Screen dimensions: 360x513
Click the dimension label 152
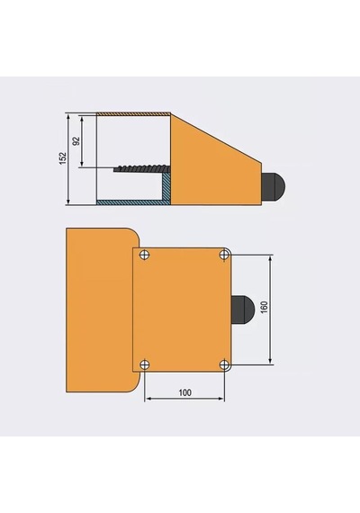coord(63,158)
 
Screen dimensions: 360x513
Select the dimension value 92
coord(76,141)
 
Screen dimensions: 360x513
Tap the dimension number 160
coord(265,307)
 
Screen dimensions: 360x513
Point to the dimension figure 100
coord(184,392)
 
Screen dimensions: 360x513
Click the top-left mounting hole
coord(145,255)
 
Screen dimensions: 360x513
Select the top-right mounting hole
coord(224,254)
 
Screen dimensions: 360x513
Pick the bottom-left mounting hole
coord(145,364)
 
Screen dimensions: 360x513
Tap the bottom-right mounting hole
coord(224,364)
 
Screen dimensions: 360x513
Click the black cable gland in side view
coord(273,185)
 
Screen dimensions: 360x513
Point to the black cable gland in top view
coord(243,308)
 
